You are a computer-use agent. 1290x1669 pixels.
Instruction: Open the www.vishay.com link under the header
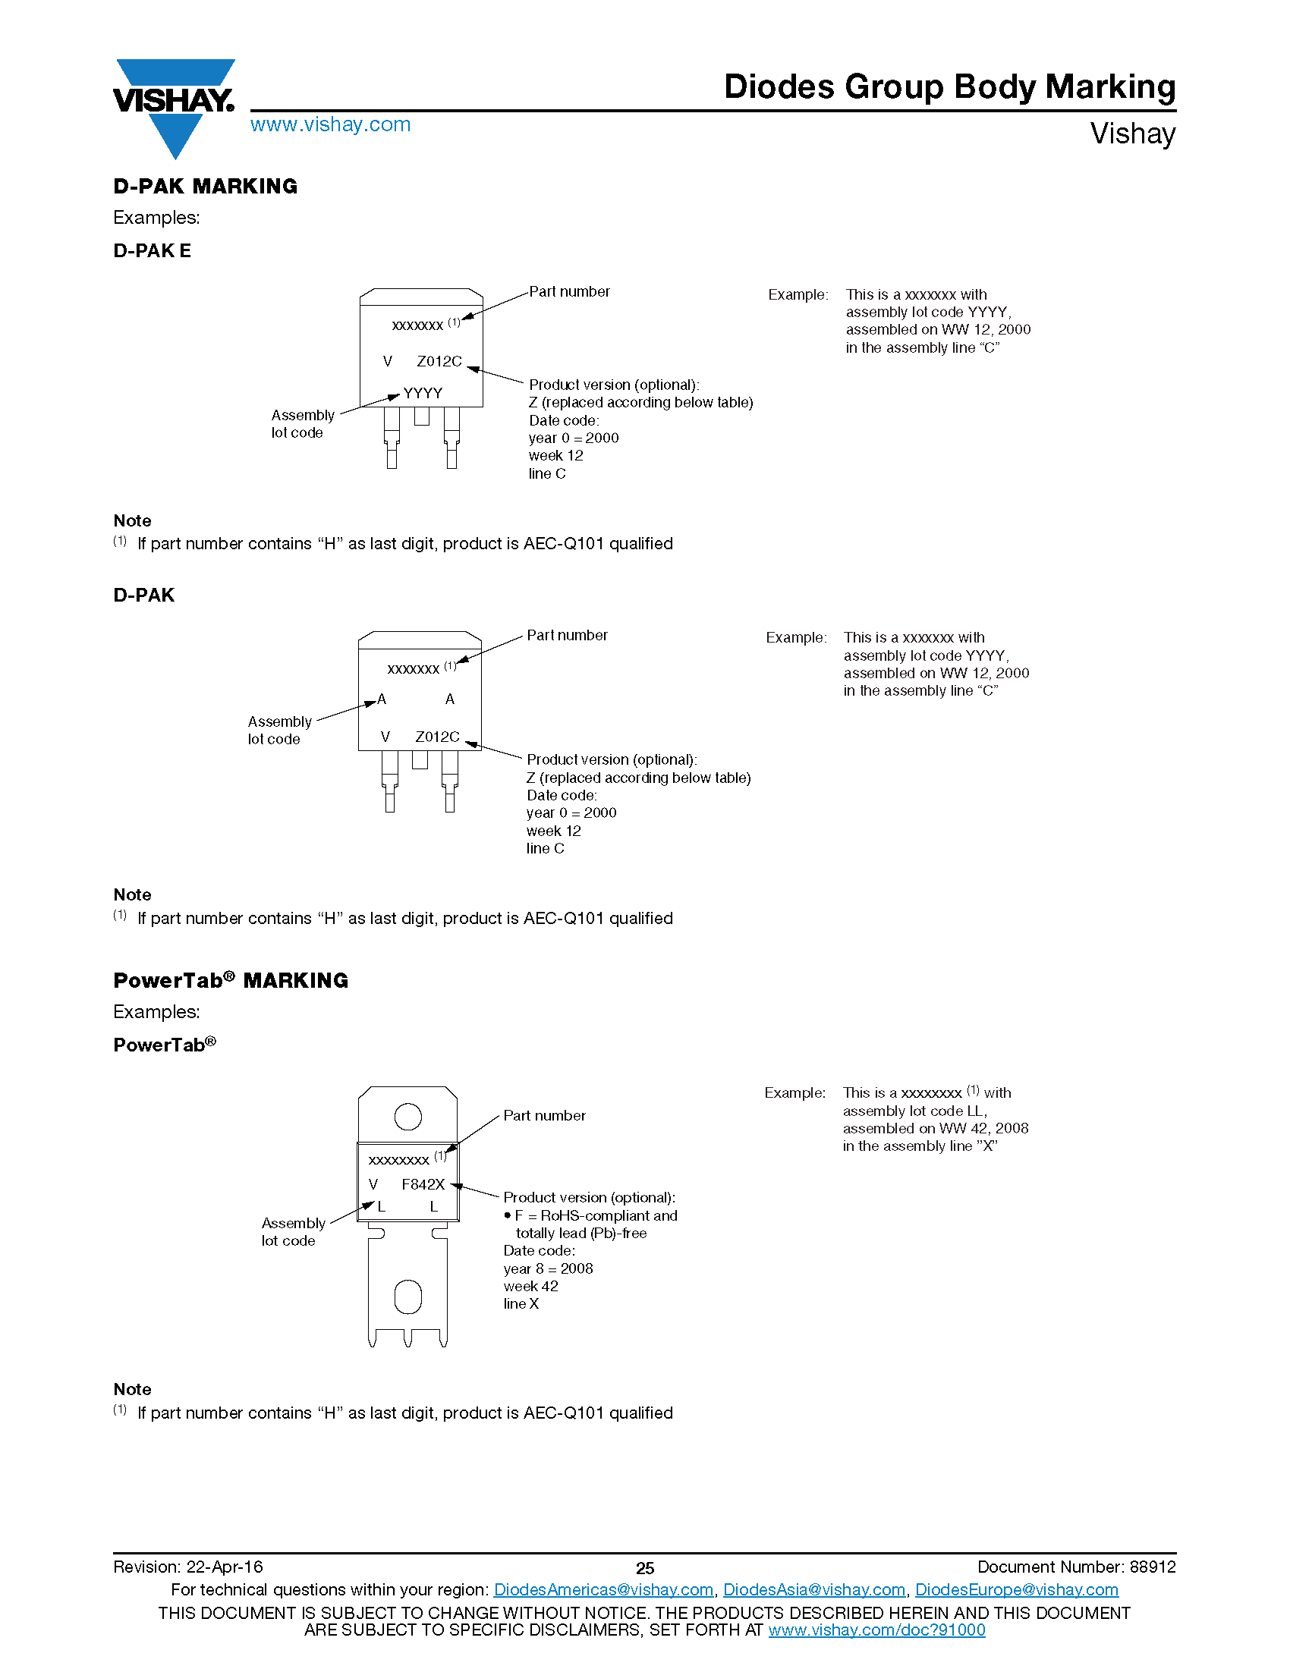(330, 124)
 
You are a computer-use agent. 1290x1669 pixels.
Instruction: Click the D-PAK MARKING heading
(205, 187)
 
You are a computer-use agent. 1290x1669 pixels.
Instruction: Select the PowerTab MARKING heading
(231, 980)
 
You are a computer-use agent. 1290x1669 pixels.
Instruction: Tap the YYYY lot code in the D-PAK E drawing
(423, 394)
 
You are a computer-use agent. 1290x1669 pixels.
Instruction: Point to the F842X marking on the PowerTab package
(423, 1184)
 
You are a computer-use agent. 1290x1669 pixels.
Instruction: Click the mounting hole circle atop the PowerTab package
(408, 1117)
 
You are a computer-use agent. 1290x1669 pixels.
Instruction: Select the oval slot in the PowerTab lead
(407, 1297)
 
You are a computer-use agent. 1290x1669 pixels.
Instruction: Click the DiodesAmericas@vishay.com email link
(603, 1589)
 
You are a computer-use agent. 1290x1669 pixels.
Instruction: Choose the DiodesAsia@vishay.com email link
(814, 1589)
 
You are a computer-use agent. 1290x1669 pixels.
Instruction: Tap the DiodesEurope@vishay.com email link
(1016, 1589)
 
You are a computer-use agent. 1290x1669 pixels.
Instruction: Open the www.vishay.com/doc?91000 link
(876, 1630)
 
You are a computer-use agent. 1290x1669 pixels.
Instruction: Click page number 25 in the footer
(645, 1568)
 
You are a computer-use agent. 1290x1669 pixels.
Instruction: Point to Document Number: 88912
(1076, 1567)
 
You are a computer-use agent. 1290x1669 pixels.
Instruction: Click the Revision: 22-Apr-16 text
(188, 1567)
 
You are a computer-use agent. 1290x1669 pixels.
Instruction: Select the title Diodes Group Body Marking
(949, 87)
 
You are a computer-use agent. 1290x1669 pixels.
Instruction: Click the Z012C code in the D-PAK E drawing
(439, 361)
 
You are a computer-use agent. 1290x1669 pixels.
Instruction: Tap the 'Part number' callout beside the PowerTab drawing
(544, 1116)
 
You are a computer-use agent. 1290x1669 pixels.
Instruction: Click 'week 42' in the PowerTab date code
(531, 1286)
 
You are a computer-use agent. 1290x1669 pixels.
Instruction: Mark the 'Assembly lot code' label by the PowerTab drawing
(293, 1232)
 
